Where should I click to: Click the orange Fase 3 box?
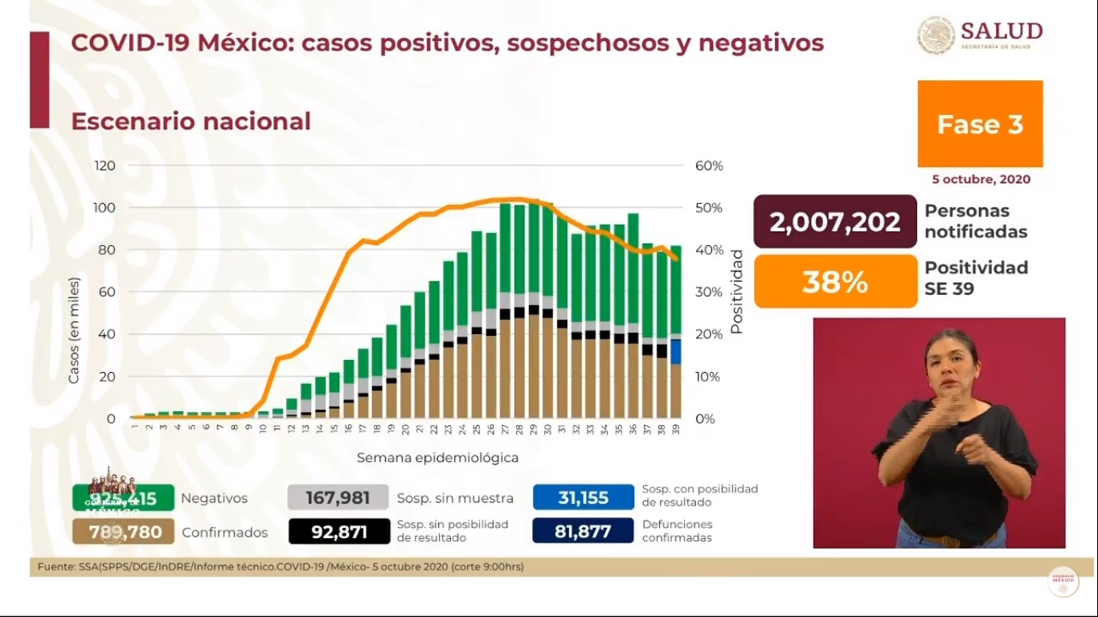980,124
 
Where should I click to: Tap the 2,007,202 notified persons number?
834,222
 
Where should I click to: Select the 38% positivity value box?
834,282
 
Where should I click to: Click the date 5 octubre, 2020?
981,180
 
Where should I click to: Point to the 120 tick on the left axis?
105,165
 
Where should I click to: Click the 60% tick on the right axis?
707,165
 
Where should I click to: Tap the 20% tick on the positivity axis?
707,334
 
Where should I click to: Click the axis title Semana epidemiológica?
437,458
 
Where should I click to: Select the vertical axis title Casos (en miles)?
74,330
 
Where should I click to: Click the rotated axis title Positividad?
736,292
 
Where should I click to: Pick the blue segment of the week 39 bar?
676,352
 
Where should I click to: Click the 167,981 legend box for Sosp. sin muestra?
338,498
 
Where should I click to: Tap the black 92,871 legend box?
338,531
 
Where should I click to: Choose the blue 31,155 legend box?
583,498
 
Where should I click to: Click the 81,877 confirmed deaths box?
583,531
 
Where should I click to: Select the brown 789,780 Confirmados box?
123,531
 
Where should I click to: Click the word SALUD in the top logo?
1001,31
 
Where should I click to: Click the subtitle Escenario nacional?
191,121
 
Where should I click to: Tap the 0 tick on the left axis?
112,419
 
